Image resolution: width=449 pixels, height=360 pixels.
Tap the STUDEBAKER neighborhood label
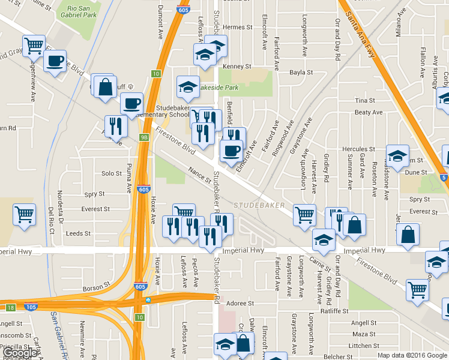click(259, 205)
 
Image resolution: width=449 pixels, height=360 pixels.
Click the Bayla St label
click(301, 72)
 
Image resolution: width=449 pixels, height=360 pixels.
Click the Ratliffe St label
click(334, 311)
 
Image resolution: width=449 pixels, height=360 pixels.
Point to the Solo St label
click(112, 173)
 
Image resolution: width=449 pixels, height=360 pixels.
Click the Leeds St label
click(78, 233)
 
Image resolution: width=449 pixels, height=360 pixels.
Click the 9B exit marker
click(144, 137)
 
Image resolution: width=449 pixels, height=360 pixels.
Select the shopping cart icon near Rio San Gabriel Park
click(34, 45)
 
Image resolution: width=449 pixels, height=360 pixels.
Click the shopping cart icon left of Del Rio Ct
click(24, 213)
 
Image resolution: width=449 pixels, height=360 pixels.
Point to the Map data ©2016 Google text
click(412, 355)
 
